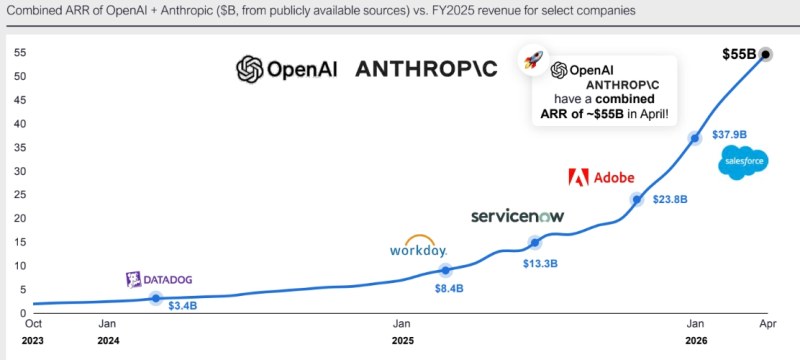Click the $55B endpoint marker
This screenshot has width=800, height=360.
click(765, 55)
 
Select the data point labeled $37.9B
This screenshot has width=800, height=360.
click(694, 138)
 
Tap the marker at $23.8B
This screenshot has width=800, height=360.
click(636, 199)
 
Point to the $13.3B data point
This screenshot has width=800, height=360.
click(534, 243)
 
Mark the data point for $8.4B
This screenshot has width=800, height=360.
click(445, 270)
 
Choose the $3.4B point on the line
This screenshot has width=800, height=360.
click(156, 298)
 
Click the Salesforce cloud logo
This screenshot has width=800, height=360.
click(743, 162)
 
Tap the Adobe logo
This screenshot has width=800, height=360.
click(602, 177)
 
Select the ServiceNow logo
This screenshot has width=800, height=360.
click(517, 216)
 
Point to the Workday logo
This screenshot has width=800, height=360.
click(418, 246)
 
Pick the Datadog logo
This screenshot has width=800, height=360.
click(159, 280)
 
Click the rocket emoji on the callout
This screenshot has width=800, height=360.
click(533, 60)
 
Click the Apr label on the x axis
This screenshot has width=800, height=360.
click(767, 323)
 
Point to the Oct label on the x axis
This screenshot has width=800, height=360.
click(33, 323)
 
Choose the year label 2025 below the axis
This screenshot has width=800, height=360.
click(403, 341)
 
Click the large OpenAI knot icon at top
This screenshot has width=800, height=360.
click(249, 69)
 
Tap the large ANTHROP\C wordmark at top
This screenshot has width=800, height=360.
click(426, 69)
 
